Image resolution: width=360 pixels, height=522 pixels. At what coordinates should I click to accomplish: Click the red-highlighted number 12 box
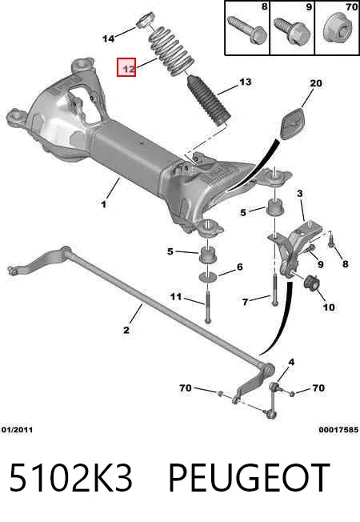(x=126, y=67)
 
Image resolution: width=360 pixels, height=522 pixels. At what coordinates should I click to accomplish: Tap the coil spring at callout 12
(x=171, y=51)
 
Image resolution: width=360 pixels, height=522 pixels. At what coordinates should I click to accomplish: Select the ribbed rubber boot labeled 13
(x=209, y=102)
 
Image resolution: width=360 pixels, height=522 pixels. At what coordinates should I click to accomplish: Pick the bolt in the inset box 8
(x=247, y=30)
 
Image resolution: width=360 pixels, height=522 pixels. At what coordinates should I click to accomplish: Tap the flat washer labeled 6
(x=208, y=277)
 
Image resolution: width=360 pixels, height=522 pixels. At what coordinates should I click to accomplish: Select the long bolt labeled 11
(x=207, y=306)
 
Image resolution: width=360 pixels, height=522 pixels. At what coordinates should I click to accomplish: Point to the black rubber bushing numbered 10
(x=312, y=282)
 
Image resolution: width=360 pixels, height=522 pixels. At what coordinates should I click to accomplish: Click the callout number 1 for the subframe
(x=104, y=203)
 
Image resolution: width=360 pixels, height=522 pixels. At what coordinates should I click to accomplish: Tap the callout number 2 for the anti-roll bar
(x=126, y=330)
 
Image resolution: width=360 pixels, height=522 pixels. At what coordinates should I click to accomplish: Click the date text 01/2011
(x=18, y=430)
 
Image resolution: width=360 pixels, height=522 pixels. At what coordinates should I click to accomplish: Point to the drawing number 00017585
(x=338, y=430)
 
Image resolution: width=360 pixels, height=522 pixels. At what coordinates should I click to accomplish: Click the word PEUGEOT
(x=250, y=478)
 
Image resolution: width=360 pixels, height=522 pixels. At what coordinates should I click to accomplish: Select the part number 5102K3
(x=71, y=478)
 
